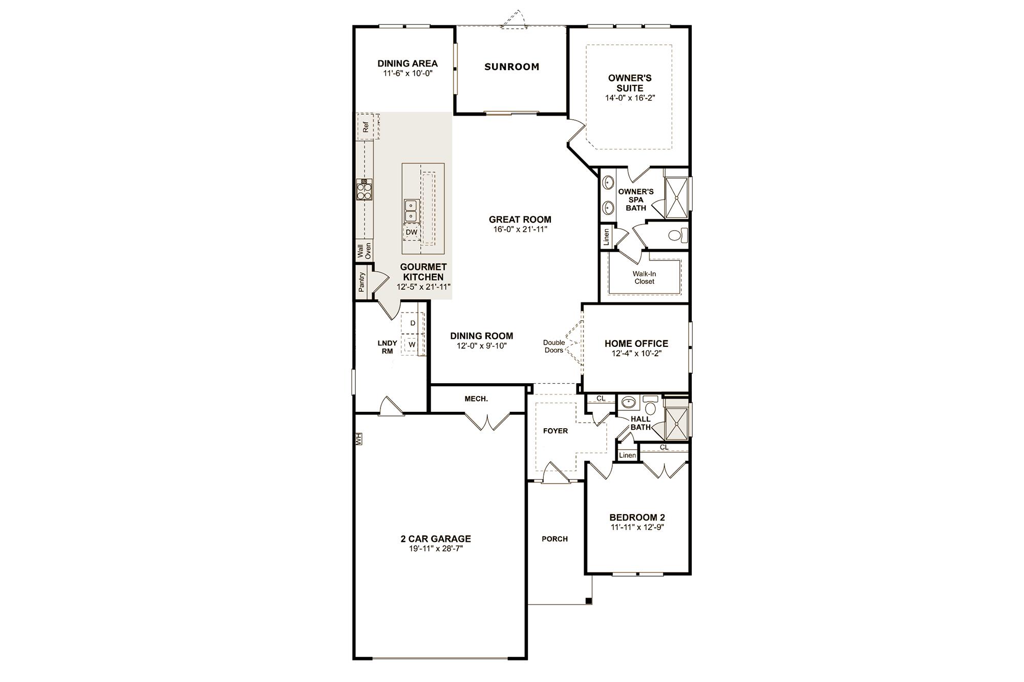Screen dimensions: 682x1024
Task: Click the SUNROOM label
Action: click(x=511, y=67)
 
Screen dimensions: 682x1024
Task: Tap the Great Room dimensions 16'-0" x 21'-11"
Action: click(x=520, y=229)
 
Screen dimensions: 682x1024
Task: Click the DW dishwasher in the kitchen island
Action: click(x=411, y=232)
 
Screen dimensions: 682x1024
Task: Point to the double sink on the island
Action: click(x=411, y=211)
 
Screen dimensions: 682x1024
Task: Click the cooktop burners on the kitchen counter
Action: click(x=364, y=190)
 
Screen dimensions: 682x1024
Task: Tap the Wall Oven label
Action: click(x=364, y=251)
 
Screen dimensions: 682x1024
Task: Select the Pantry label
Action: click(x=362, y=282)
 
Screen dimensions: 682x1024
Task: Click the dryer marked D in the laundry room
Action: click(x=412, y=323)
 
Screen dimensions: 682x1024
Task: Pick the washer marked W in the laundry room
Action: click(x=412, y=345)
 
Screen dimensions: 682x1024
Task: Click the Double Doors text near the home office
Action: click(x=554, y=346)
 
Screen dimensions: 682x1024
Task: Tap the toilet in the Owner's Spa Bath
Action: click(x=677, y=236)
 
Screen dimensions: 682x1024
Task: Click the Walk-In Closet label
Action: click(x=644, y=278)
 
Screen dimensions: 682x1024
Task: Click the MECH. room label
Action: click(x=476, y=399)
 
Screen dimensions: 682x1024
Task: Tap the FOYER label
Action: click(x=556, y=431)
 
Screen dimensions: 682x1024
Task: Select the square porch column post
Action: click(x=589, y=601)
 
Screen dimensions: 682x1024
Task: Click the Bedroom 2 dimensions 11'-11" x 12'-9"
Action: click(x=637, y=527)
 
